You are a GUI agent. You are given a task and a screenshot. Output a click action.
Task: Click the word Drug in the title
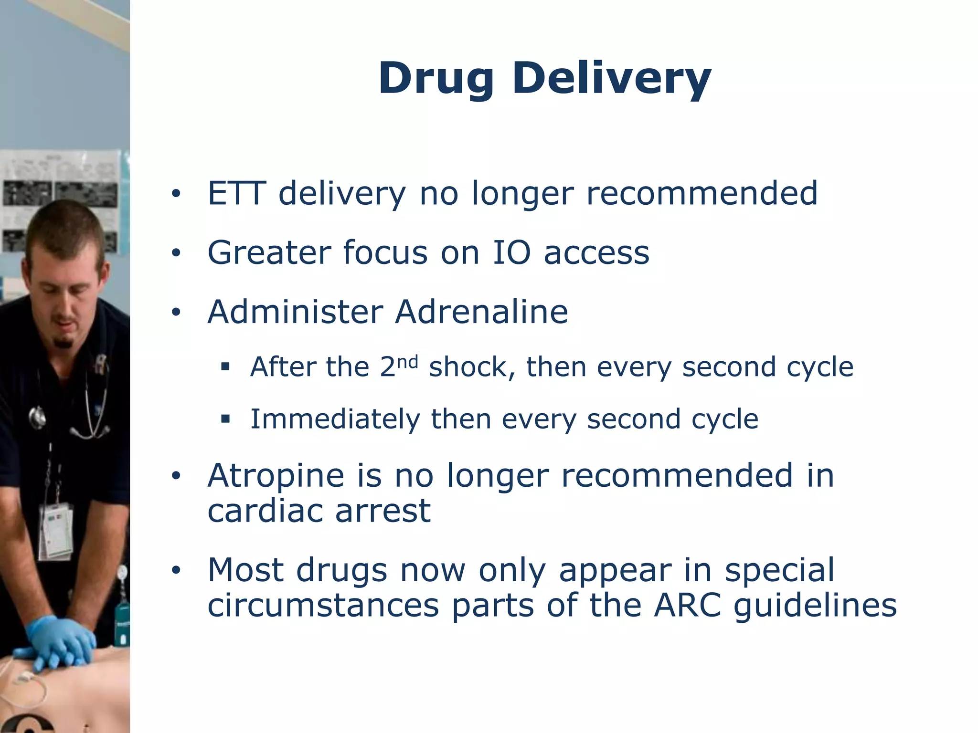tap(436, 79)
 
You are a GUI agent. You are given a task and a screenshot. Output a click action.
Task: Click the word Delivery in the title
tap(612, 79)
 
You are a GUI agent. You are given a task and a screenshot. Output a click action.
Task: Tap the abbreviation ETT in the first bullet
tap(236, 193)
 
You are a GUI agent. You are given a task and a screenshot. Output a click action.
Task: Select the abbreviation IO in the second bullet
tap(511, 252)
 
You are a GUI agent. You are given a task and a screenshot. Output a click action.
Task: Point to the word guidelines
tap(815, 606)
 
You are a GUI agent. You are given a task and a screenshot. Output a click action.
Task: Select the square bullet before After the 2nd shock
tap(225, 367)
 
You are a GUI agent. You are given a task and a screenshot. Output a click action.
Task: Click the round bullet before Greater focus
tap(176, 253)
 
